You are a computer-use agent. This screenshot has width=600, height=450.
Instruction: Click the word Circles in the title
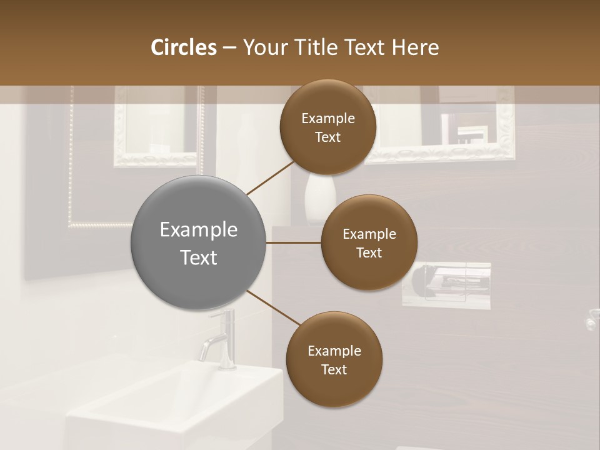[x=183, y=47]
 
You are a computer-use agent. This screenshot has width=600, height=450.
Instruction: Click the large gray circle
[x=199, y=242]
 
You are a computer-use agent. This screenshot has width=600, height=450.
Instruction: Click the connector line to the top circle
[x=271, y=177]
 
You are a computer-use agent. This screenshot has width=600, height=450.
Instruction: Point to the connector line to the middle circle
[x=294, y=242]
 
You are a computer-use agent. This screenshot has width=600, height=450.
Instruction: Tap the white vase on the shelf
[x=320, y=199]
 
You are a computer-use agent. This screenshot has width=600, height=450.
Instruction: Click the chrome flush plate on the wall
[x=446, y=284]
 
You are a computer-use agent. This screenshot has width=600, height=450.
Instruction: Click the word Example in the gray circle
[x=199, y=230]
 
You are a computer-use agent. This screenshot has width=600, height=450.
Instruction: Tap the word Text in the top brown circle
[x=327, y=137]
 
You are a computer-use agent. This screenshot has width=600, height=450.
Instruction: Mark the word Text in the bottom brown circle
[x=334, y=370]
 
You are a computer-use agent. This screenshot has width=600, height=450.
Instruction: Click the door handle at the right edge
[x=591, y=321]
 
